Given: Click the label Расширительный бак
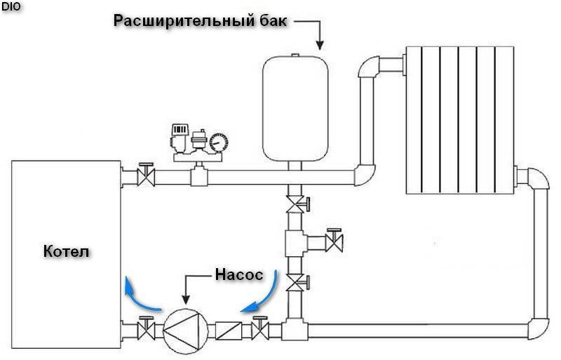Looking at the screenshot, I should [200, 20].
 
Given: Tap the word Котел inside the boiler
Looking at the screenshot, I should [67, 251].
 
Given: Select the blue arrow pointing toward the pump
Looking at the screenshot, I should [259, 295].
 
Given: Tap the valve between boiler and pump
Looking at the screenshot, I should [146, 328].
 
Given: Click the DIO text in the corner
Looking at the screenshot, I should [11, 6].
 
